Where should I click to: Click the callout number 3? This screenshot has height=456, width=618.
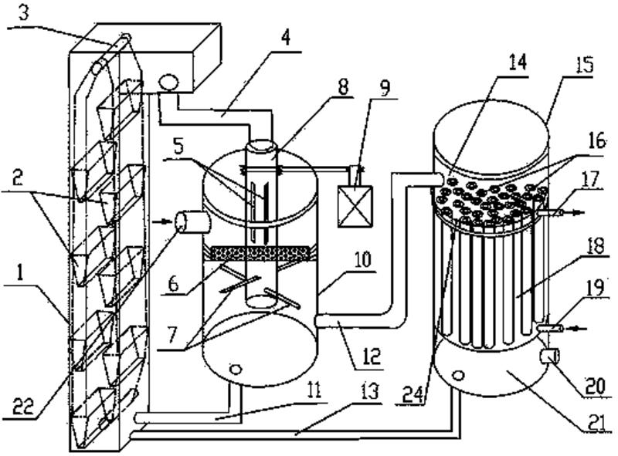click(24, 12)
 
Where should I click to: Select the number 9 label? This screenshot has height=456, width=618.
click(384, 87)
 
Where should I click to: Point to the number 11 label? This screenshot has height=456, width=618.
click(314, 391)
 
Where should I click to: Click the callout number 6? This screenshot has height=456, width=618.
click(174, 284)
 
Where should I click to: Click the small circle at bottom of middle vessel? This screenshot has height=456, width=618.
click(236, 369)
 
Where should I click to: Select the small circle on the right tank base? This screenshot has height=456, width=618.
click(457, 375)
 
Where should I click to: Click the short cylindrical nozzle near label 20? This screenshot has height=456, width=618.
click(549, 356)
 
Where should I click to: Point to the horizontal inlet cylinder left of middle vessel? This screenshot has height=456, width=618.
click(193, 222)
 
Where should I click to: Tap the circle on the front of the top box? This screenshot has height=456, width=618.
click(168, 83)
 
